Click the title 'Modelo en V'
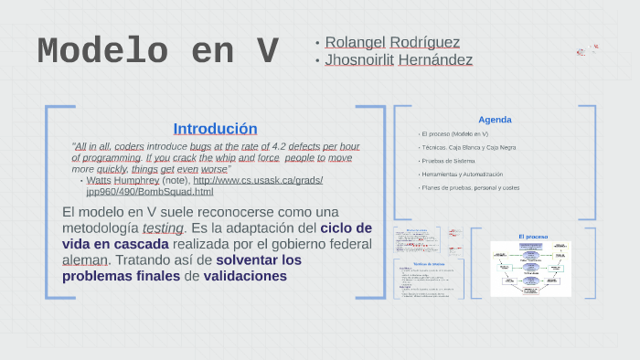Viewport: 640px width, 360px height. tap(157, 52)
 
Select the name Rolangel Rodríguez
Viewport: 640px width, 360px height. tap(392, 42)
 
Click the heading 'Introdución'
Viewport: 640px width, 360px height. tap(215, 129)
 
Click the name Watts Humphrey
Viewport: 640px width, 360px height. tap(123, 180)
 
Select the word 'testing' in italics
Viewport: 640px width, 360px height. tap(163, 228)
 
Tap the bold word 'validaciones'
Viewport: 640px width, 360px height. tap(245, 275)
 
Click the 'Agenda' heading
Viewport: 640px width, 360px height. tap(495, 120)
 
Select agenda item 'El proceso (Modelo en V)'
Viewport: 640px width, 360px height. tap(455, 134)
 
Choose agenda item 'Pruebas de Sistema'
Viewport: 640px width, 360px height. tap(448, 161)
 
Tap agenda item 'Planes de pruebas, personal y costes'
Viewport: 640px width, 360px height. tap(470, 187)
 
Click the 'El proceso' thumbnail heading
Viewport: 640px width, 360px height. tap(533, 237)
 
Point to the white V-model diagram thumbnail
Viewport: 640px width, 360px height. tap(530, 269)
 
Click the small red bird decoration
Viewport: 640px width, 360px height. tap(586, 49)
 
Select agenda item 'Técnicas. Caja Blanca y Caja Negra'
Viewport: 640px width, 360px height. tap(468, 147)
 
